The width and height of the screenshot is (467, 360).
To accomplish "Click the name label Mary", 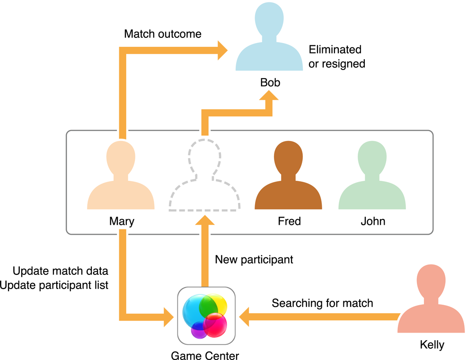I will point(122,221).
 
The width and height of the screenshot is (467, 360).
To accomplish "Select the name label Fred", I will point(289,221).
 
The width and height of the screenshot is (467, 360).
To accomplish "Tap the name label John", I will point(373,221).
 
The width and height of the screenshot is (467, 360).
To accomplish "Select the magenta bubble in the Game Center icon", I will point(215,324).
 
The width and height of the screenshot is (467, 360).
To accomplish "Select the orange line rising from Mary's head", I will point(122,95).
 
